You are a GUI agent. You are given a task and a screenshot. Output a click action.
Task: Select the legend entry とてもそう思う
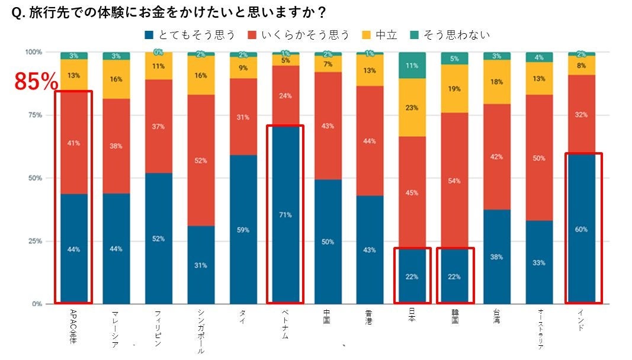click(190, 35)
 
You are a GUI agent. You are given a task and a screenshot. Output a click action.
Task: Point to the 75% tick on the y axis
click(34, 115)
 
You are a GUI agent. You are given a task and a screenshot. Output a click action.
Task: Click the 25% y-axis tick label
click(34, 241)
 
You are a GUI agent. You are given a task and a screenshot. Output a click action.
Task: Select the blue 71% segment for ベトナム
click(285, 214)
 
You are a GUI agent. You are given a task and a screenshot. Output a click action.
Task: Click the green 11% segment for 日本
click(412, 65)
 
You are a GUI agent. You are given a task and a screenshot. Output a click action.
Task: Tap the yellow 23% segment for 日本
click(412, 108)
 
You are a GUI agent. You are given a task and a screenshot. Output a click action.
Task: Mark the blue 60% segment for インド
click(582, 229)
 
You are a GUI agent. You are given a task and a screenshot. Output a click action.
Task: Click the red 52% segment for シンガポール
click(201, 160)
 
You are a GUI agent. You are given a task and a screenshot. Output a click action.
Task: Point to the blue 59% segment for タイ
click(243, 229)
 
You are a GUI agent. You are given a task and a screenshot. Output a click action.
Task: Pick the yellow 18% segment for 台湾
click(497, 82)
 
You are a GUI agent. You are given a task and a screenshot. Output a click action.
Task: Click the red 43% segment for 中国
click(328, 126)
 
